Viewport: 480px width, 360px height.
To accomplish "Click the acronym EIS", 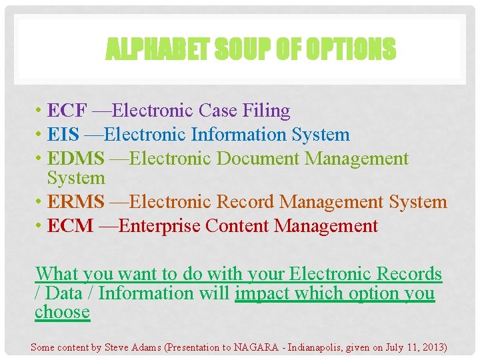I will [63, 135].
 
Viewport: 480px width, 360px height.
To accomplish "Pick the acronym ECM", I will [70, 226].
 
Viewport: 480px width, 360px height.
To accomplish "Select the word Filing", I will [265, 111].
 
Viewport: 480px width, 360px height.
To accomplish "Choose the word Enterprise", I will [159, 226].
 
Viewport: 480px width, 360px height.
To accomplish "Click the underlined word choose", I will [62, 312].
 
